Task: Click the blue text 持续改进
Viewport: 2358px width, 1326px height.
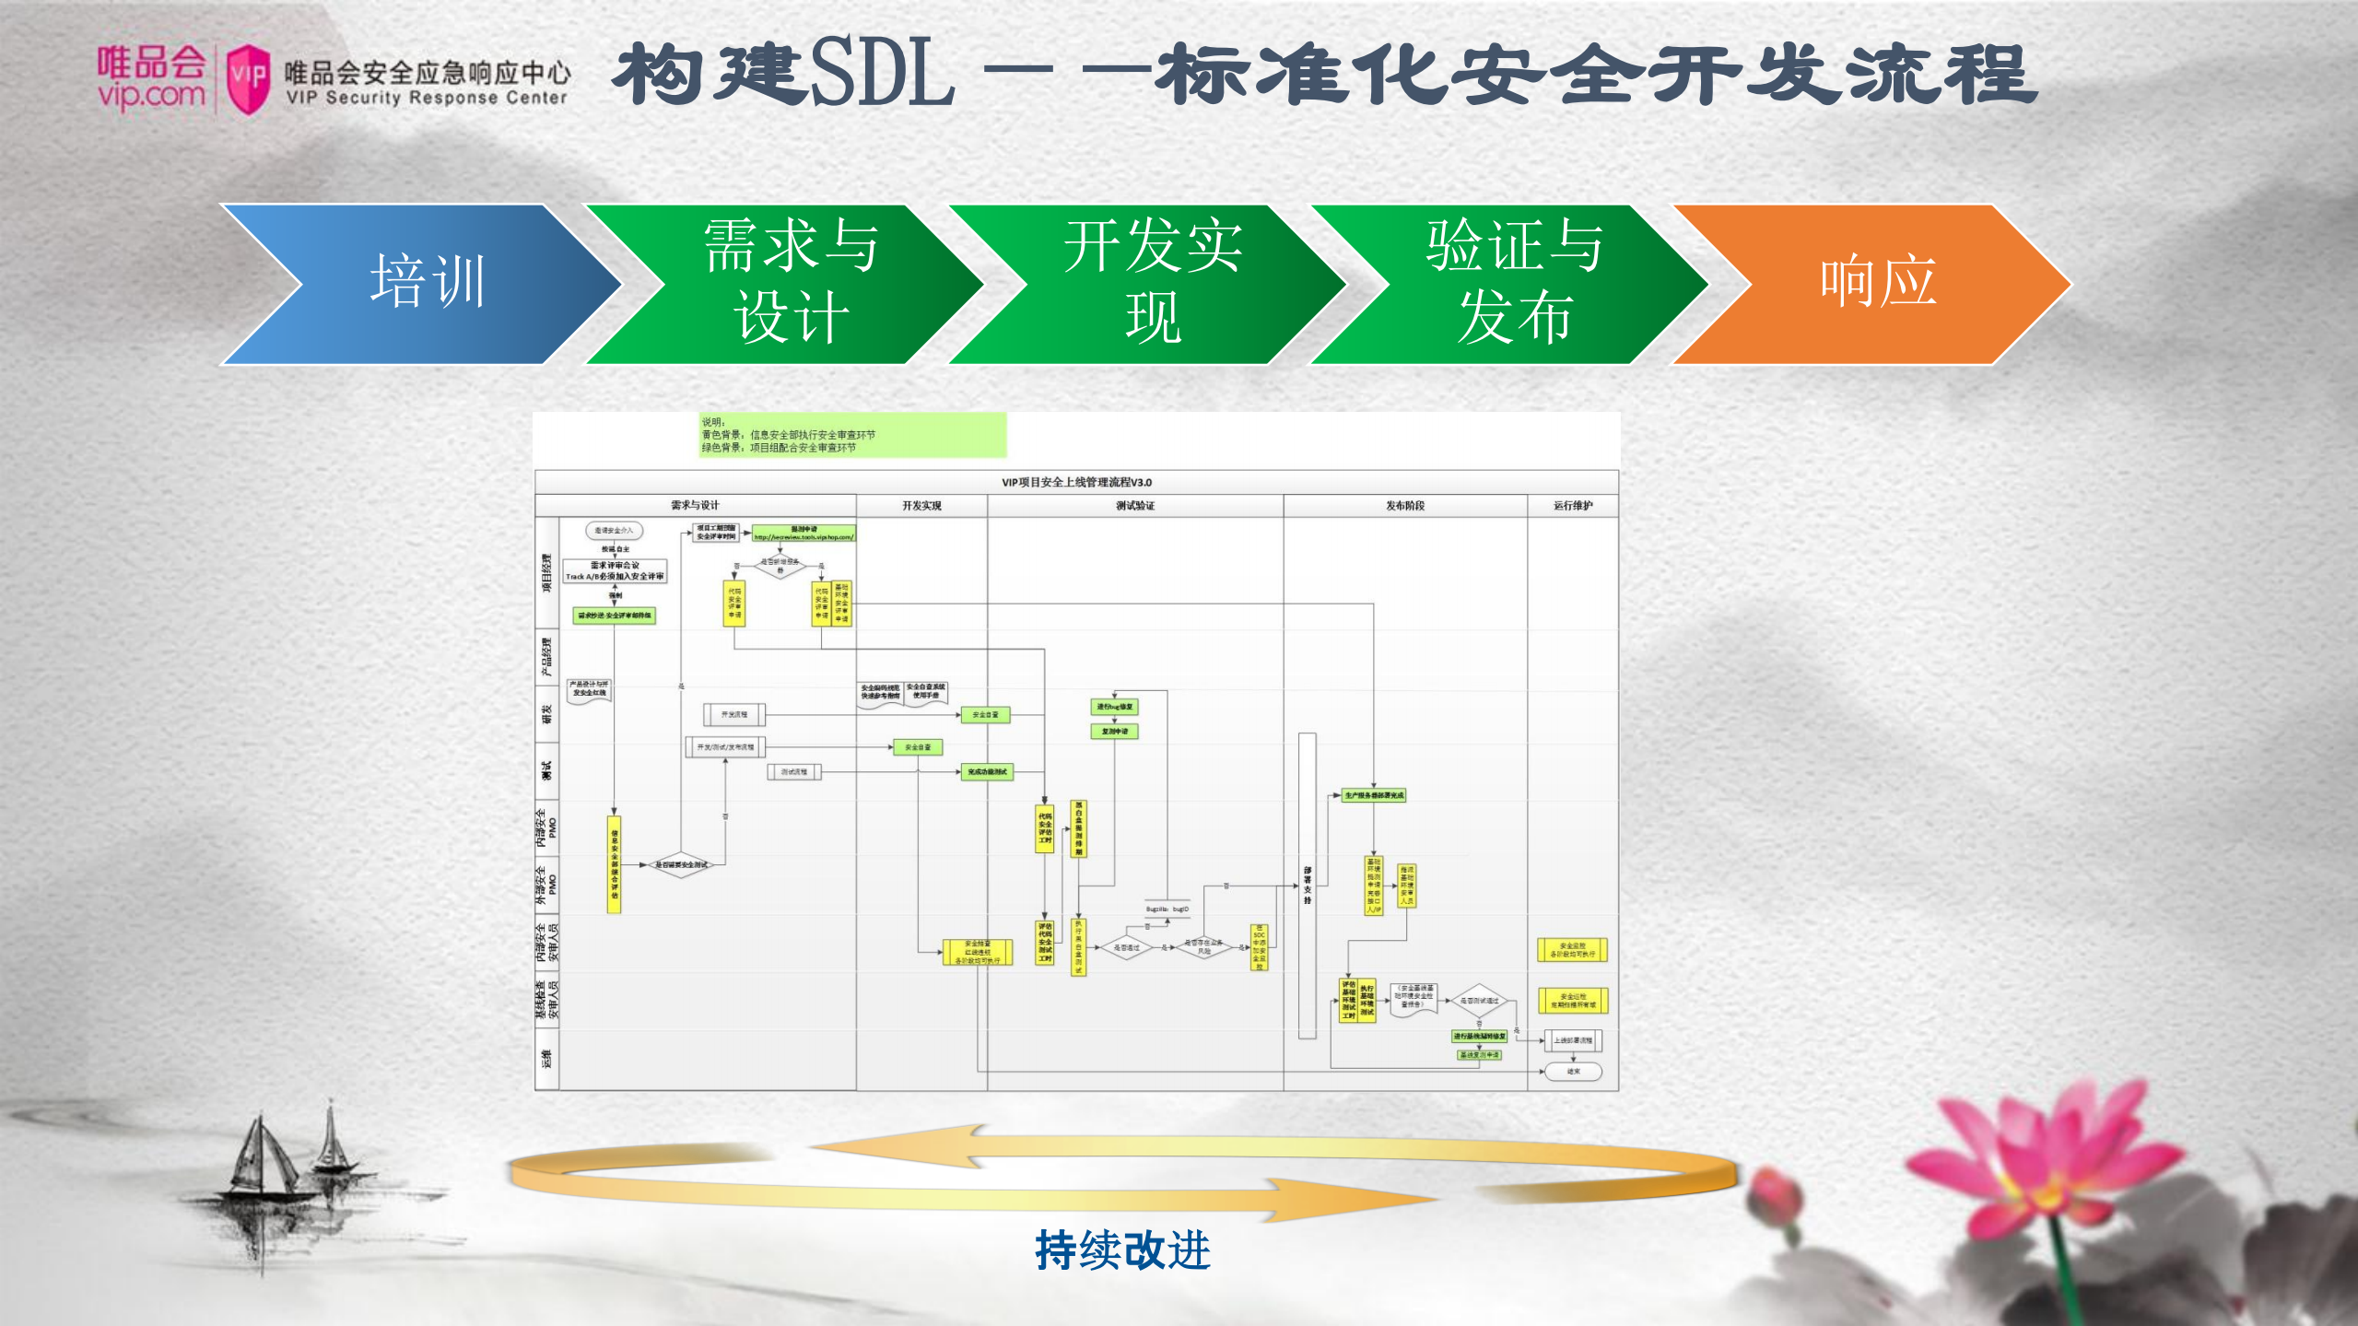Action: point(1121,1250)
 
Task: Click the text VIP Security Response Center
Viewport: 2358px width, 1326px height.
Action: point(427,98)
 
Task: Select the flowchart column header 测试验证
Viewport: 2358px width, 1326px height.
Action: point(1134,506)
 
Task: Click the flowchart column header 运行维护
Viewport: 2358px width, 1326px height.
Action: point(1572,506)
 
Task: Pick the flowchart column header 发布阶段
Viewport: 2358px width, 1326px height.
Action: point(1404,506)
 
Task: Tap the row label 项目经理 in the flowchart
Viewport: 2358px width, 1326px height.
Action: point(546,572)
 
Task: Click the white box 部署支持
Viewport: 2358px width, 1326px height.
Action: point(1307,885)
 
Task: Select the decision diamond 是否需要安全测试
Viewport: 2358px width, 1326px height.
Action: point(680,864)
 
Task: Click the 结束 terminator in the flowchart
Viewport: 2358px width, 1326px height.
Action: point(1573,1072)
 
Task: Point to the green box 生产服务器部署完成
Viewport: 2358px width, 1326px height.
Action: point(1373,795)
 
